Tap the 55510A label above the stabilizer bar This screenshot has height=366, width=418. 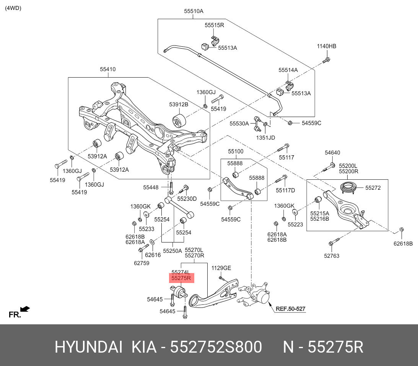(x=194, y=11)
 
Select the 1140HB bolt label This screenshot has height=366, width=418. (x=326, y=46)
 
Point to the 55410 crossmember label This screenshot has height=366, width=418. (x=108, y=69)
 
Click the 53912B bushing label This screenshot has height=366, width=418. (x=179, y=104)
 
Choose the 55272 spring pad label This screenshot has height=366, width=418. (x=372, y=188)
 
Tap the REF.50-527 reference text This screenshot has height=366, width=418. (x=291, y=309)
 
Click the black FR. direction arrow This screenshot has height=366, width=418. (x=25, y=309)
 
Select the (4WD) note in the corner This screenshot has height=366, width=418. (x=13, y=8)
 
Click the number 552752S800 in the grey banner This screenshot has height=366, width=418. (x=216, y=347)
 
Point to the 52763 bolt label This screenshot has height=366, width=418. (x=331, y=256)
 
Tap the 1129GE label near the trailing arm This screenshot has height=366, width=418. (x=221, y=268)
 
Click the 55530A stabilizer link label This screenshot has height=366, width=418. (x=239, y=124)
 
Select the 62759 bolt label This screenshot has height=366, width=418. (x=142, y=263)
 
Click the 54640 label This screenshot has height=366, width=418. (x=332, y=153)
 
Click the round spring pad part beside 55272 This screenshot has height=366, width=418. (x=349, y=188)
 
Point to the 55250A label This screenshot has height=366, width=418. (x=172, y=251)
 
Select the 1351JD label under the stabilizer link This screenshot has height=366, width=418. (x=265, y=137)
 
